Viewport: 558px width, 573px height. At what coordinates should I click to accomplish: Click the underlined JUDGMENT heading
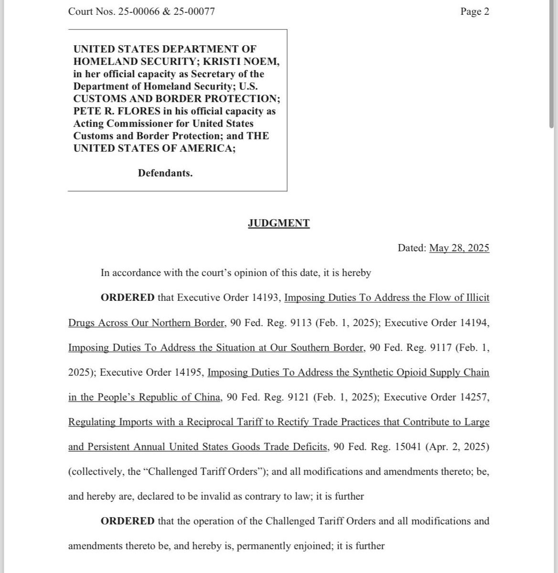pos(279,223)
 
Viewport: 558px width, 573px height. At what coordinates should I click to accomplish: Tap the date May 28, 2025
pos(459,248)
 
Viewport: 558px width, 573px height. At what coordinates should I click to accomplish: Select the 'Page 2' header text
pos(474,11)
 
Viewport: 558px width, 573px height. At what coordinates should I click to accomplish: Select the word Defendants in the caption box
pos(165,173)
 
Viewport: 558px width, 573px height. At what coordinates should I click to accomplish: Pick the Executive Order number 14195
pos(189,372)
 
